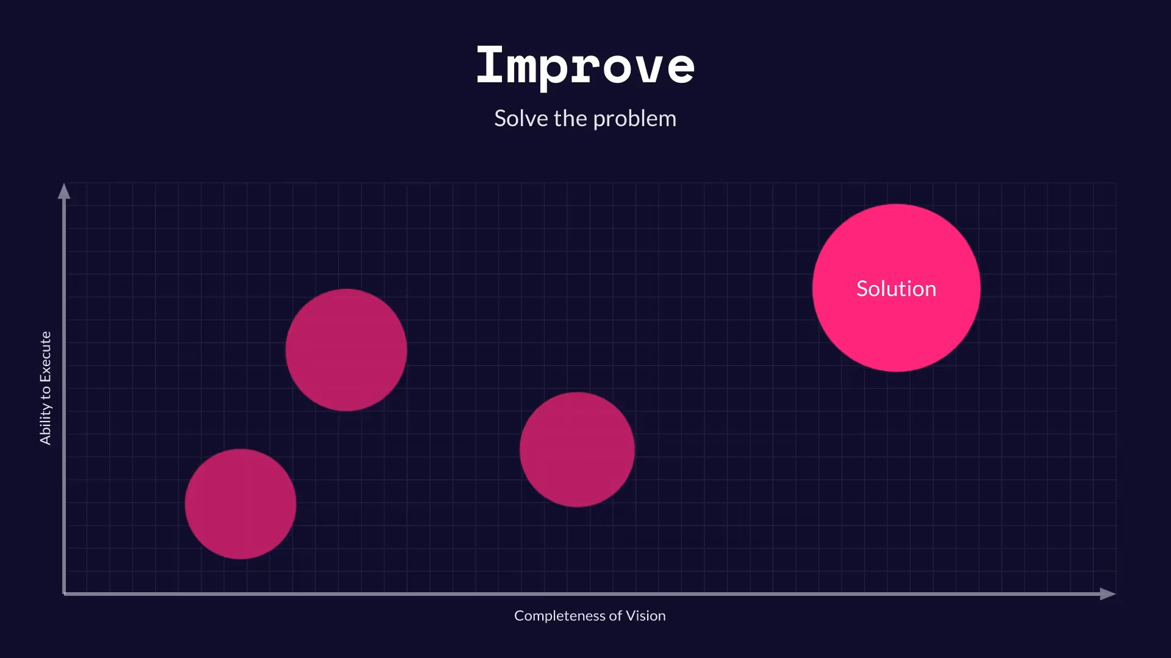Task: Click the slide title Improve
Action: [x=585, y=66]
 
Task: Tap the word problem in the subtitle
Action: [x=634, y=119]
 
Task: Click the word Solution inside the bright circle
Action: [x=896, y=288]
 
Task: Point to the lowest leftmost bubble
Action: [x=240, y=504]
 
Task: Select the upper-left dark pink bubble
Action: [x=346, y=350]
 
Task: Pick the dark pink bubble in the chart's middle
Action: [x=577, y=450]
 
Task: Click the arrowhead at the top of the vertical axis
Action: [x=64, y=191]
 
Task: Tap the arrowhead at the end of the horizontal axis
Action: [x=1108, y=594]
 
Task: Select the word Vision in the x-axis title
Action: [x=645, y=616]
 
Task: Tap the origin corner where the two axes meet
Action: [x=64, y=593]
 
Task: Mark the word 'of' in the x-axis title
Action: [x=615, y=616]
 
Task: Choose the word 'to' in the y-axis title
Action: [x=45, y=394]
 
